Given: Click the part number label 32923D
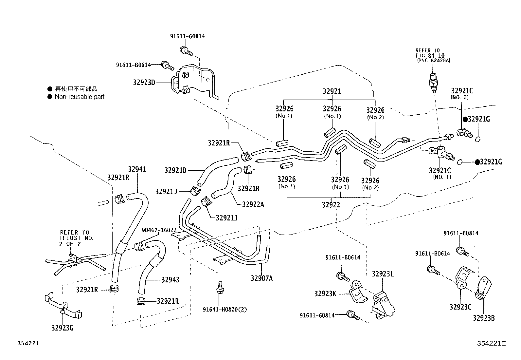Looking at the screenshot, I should pyautogui.click(x=144, y=82).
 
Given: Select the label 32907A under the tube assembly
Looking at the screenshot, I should pyautogui.click(x=261, y=278).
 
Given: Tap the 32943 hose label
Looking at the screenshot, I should pyautogui.click(x=170, y=280).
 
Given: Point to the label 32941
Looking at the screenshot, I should pyautogui.click(x=137, y=169).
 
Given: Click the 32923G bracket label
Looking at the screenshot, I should pyautogui.click(x=62, y=327).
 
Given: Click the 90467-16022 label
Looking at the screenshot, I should pyautogui.click(x=159, y=230).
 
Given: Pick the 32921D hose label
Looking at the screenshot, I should pyautogui.click(x=175, y=170).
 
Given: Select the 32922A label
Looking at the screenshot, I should pyautogui.click(x=253, y=204).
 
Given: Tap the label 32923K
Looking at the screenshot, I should pyautogui.click(x=325, y=294).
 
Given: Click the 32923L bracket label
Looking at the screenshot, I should pyautogui.click(x=383, y=274).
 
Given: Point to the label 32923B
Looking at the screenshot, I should pyautogui.click(x=483, y=317).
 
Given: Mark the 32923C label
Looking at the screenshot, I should pyautogui.click(x=460, y=307).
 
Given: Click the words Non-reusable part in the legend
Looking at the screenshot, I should pyautogui.click(x=80, y=97).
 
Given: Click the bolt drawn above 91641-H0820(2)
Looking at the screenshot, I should pyautogui.click(x=220, y=286).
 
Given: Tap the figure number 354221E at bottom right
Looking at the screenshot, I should pyautogui.click(x=491, y=343).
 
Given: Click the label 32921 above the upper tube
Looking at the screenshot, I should pyautogui.click(x=332, y=91).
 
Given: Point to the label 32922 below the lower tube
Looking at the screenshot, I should pyautogui.click(x=331, y=205).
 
